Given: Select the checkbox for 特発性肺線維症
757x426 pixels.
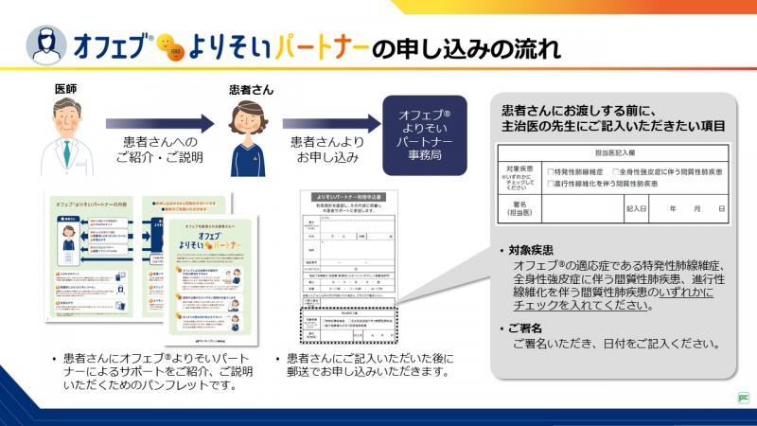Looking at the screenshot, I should (550, 171).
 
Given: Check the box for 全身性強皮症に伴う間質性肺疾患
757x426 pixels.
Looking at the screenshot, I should (615, 171).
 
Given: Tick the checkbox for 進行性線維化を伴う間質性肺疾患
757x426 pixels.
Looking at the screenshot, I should (550, 184).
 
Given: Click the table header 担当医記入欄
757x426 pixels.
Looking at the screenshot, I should (613, 152).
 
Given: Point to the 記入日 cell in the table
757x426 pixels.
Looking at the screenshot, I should (636, 207).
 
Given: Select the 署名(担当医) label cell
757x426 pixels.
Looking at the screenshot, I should (519, 207).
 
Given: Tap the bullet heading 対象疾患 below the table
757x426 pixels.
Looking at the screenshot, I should (529, 252).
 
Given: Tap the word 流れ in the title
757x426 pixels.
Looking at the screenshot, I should (534, 45).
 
